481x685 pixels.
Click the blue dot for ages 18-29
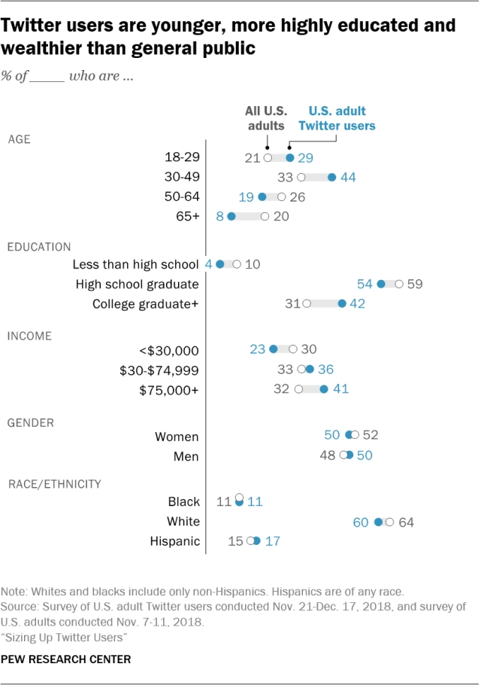(290, 157)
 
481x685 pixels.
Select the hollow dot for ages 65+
(265, 216)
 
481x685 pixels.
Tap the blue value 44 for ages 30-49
(347, 178)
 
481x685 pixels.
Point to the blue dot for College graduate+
(342, 304)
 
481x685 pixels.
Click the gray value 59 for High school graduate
(414, 284)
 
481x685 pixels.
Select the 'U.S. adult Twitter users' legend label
(337, 118)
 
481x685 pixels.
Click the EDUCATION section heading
(39, 246)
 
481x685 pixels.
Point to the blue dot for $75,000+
(324, 389)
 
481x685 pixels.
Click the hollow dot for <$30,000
(292, 349)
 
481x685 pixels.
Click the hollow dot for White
(389, 522)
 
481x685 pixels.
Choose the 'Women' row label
(177, 437)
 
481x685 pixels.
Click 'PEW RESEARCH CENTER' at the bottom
(67, 659)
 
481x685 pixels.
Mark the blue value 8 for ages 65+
(220, 216)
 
